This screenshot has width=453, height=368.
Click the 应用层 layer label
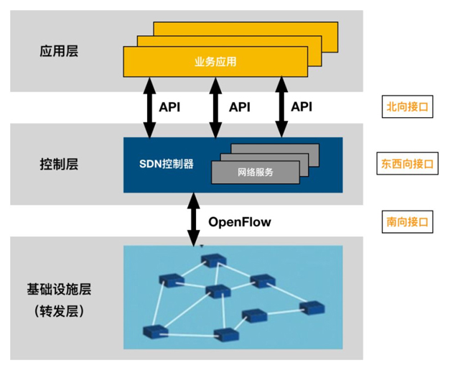[x=59, y=52]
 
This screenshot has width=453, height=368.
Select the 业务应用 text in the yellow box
[x=215, y=63]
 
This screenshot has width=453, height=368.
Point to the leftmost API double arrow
[x=149, y=107]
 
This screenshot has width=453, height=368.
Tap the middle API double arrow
[x=213, y=107]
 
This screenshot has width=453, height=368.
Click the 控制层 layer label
[x=59, y=164]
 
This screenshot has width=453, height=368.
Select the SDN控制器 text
[x=166, y=163]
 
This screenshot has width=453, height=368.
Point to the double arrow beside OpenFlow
[x=193, y=220]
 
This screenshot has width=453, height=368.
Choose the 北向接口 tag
[x=407, y=107]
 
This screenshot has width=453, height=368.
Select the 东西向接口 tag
[x=407, y=163]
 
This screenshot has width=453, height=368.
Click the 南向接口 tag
[x=407, y=221]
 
